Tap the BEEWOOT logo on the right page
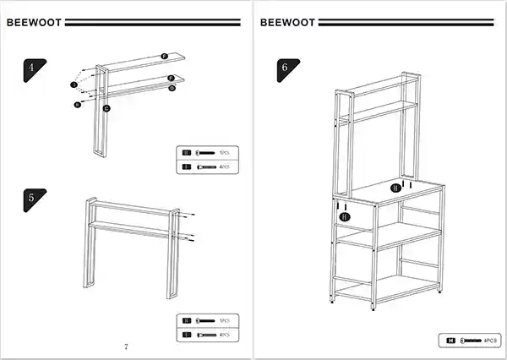(x=288, y=23)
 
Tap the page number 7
(x=125, y=346)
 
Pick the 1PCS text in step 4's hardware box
(x=224, y=153)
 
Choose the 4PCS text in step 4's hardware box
(x=224, y=167)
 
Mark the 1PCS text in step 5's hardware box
(x=224, y=320)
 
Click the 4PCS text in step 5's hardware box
(x=224, y=335)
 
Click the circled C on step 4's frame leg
(x=106, y=108)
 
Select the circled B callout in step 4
(x=77, y=105)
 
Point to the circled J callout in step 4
(x=74, y=85)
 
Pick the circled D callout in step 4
(x=172, y=87)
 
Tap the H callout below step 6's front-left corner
(x=344, y=217)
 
